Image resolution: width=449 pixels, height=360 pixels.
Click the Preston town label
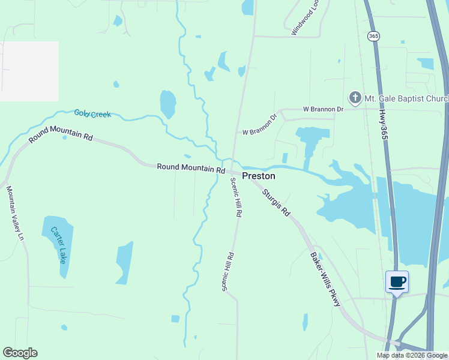[x=259, y=176]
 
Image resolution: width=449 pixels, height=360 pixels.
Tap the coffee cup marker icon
[x=397, y=281]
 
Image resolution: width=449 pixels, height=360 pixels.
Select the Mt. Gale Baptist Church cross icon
[x=355, y=97]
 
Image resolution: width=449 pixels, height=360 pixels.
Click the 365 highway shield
[x=374, y=36]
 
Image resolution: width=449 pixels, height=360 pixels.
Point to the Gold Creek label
[x=92, y=113]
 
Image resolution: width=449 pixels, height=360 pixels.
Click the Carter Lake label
[x=58, y=245]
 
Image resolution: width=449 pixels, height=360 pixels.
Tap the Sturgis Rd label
[x=276, y=202]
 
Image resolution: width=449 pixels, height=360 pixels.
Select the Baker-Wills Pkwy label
[x=325, y=279]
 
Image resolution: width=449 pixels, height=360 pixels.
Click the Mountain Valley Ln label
[x=15, y=213]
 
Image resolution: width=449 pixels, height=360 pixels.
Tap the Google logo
[x=20, y=353]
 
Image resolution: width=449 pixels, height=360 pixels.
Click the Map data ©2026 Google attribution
[x=412, y=355]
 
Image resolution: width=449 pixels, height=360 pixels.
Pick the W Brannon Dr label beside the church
[x=323, y=109]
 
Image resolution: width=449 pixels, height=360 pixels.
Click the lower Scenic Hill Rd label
[x=228, y=272]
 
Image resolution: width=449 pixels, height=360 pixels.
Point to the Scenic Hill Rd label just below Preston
[x=235, y=197]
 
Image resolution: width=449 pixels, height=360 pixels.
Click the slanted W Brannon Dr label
[x=259, y=124]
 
